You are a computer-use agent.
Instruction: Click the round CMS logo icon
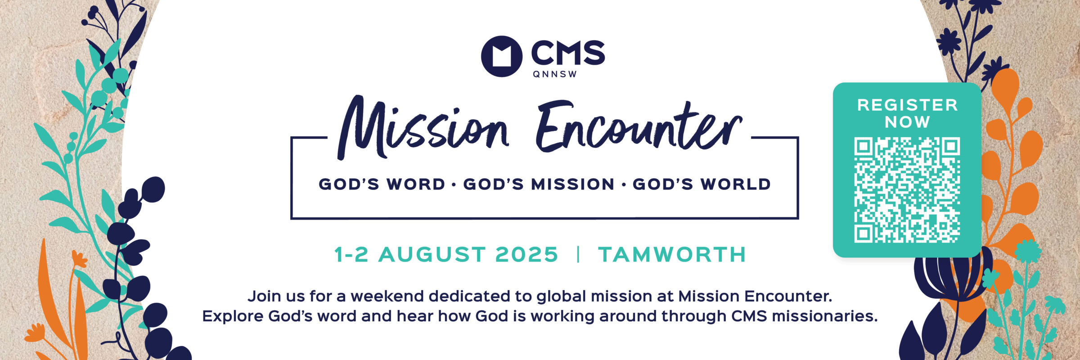click(x=501, y=56)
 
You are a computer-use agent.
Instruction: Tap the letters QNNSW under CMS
click(x=555, y=74)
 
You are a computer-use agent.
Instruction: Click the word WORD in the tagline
click(x=416, y=184)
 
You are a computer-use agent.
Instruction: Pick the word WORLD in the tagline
click(x=735, y=184)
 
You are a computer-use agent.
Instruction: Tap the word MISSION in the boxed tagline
click(x=573, y=184)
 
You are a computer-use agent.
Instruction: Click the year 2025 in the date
click(x=526, y=255)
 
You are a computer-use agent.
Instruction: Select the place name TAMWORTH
click(x=672, y=255)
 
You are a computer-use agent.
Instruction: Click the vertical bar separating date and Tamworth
click(x=578, y=255)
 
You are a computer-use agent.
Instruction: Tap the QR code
click(x=907, y=190)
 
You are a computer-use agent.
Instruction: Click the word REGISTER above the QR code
click(x=907, y=105)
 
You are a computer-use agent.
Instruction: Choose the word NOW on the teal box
click(x=907, y=122)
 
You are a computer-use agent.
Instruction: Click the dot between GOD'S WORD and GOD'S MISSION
click(x=454, y=184)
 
